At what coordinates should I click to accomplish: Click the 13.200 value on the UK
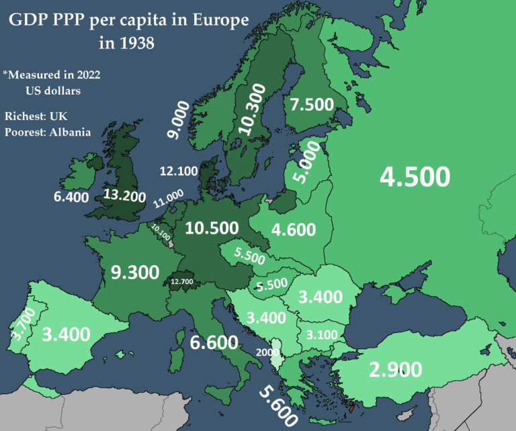tap(124, 196)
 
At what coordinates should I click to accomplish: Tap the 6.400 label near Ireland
tap(71, 197)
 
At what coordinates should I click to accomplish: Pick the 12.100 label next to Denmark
tap(178, 171)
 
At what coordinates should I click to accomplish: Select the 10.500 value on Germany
tap(212, 228)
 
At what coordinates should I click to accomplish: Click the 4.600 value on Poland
tap(294, 230)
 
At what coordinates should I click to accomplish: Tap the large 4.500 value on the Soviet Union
tap(414, 177)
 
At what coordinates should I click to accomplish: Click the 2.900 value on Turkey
tap(395, 369)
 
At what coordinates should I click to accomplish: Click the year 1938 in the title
tap(126, 45)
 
